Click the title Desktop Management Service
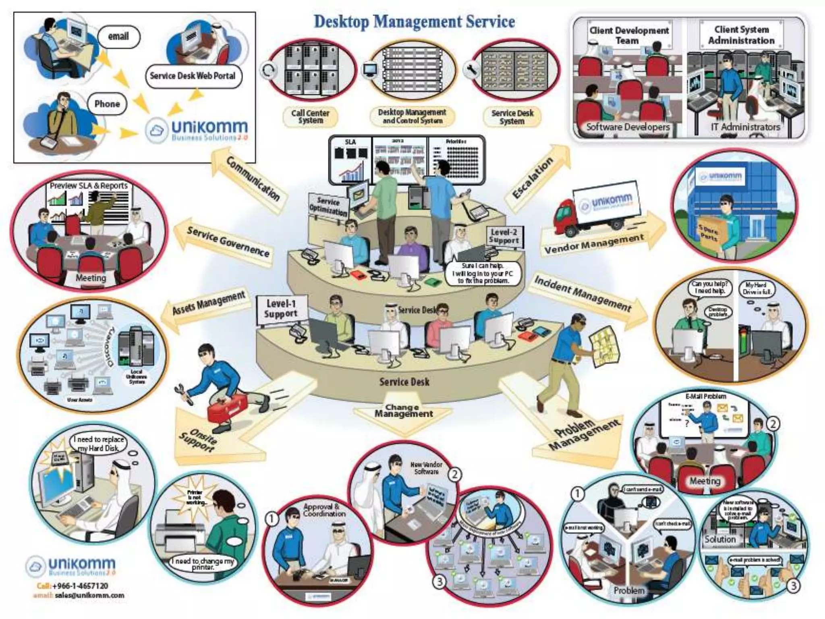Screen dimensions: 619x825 pos(414,22)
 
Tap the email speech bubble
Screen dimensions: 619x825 pos(118,37)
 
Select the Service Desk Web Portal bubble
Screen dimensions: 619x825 pos(193,76)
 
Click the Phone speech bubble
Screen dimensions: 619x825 pos(107,104)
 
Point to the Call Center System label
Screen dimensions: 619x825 pos(310,117)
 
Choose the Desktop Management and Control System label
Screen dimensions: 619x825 pos(412,116)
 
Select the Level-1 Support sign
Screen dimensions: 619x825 pos(281,309)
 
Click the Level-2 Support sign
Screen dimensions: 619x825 pos(504,236)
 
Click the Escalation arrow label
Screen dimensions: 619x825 pos(533,178)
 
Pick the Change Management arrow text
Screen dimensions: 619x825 pos(404,411)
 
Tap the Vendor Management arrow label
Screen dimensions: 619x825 pos(594,243)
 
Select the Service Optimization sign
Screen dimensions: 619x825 pos(328,206)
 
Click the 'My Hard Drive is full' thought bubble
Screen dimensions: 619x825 pos(756,289)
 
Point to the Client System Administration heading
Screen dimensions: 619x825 pos(741,35)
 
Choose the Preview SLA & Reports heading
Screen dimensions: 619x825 pos(89,186)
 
